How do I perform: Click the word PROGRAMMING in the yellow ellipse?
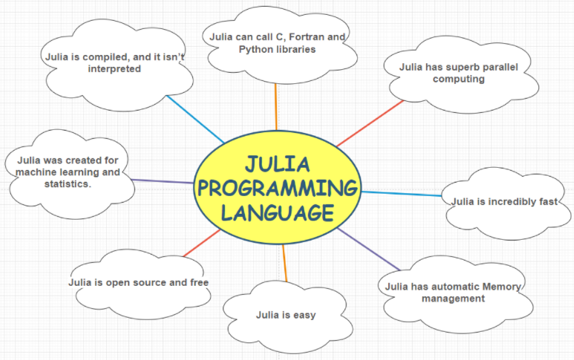click(278, 189)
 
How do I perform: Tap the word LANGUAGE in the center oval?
click(278, 213)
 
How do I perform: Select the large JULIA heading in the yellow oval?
click(278, 164)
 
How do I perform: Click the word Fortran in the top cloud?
click(307, 37)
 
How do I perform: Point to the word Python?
click(255, 50)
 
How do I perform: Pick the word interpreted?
click(114, 69)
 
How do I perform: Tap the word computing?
click(459, 79)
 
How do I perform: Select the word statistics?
click(68, 183)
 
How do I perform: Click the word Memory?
click(502, 287)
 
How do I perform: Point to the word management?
click(453, 298)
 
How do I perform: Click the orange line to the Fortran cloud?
click(276, 107)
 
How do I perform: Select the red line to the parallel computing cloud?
click(370, 123)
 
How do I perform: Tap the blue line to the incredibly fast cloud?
click(402, 194)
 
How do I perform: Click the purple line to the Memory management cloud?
click(368, 249)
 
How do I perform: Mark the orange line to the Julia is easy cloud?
click(285, 263)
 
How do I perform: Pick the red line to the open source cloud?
click(202, 243)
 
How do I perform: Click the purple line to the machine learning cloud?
click(162, 181)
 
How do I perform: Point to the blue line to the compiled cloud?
click(195, 120)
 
